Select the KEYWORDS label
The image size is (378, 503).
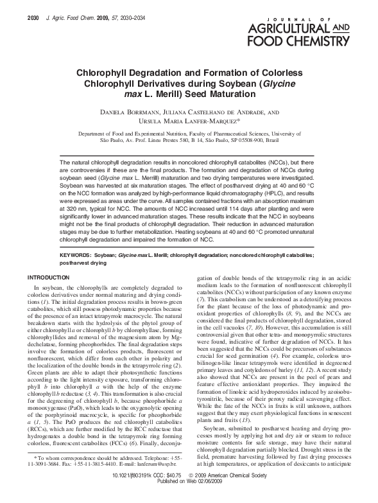pos(75,254)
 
